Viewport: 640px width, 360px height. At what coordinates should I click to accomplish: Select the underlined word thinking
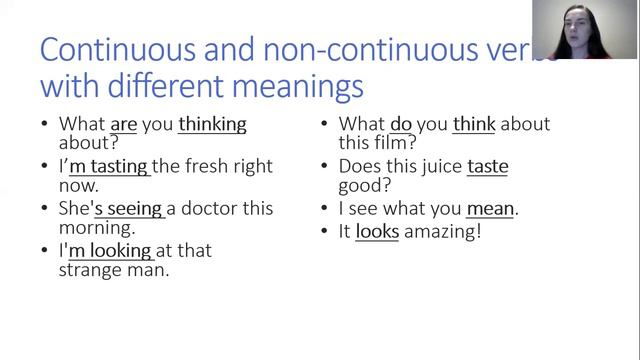[x=212, y=125]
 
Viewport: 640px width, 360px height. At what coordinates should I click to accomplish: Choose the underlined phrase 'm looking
[x=110, y=250]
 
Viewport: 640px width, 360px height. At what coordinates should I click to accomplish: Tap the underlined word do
[x=401, y=125]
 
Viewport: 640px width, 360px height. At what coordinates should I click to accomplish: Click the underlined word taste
[x=487, y=166]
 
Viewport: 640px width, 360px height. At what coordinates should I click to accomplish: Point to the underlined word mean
[x=490, y=208]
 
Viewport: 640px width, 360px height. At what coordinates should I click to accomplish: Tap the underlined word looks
[x=377, y=231]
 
